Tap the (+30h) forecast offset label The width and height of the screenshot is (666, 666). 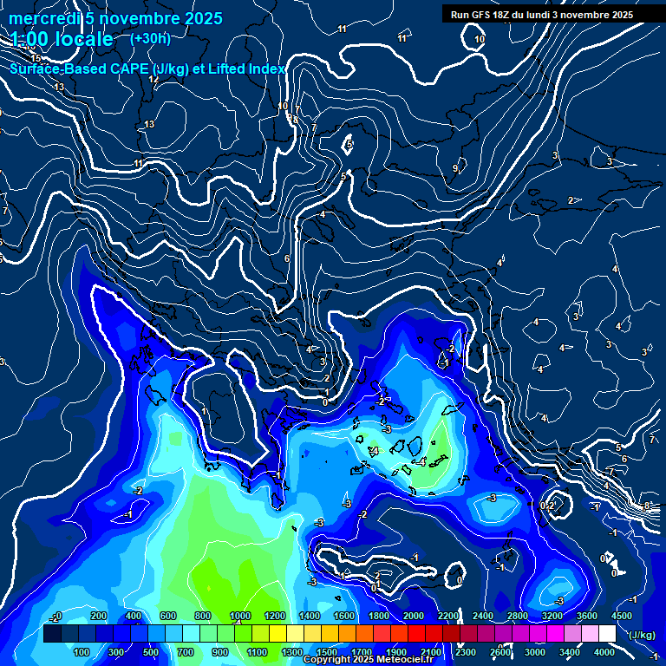click(150, 38)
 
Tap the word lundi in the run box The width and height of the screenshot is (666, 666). click(549, 15)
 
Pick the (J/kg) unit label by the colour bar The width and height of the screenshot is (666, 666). click(642, 635)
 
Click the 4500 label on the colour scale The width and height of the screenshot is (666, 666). click(621, 616)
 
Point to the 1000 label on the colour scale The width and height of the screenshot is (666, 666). click(239, 616)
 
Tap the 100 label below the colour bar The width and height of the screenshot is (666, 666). click(82, 652)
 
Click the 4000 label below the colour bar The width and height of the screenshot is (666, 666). click(604, 652)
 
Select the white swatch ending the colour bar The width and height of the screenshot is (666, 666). click(607, 634)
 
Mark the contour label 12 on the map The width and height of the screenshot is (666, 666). click(153, 80)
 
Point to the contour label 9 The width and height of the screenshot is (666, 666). click(455, 168)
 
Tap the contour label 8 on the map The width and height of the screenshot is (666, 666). click(647, 505)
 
